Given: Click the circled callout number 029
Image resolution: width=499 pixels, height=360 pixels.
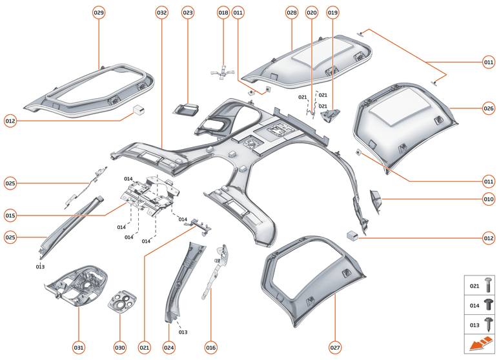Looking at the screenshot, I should tap(99, 12).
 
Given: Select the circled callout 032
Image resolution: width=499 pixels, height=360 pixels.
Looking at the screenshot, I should tap(161, 12).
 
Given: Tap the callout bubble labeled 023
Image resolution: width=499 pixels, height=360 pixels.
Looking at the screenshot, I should tap(187, 12).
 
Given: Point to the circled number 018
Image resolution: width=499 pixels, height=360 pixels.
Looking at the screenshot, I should tap(223, 12).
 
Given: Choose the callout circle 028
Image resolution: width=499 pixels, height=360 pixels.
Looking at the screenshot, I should tap(291, 12).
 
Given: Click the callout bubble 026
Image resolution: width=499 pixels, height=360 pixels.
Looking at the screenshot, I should tap(488, 108).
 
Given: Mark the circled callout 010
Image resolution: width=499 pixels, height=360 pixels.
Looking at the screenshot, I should tap(488, 199).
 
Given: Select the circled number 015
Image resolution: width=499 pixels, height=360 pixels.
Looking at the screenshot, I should tap(10, 215).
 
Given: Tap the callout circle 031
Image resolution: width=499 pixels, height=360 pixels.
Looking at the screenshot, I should tap(78, 347).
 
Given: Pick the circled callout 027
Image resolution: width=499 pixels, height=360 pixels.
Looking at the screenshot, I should tap(335, 347).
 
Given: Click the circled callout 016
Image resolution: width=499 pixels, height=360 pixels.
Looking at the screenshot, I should tap(210, 347).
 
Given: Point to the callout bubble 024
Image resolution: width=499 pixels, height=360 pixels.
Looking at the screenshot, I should tap(169, 347).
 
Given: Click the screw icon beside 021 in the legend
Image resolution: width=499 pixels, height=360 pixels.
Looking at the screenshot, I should tap(488, 285).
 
